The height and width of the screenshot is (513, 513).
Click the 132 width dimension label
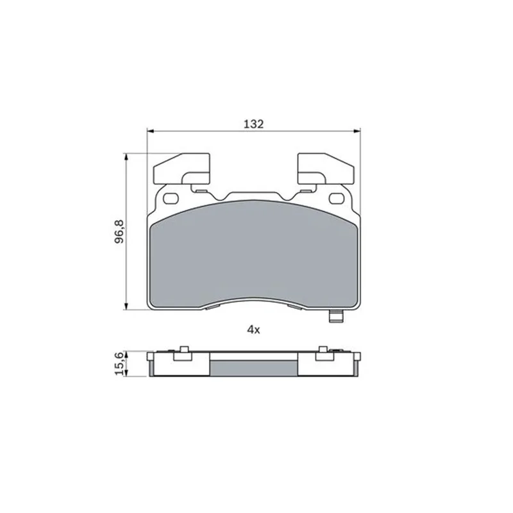pos(253,124)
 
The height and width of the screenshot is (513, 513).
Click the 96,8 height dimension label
pos(119,231)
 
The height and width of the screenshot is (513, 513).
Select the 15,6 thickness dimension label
pos(119,364)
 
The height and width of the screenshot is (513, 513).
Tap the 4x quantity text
pos(253,330)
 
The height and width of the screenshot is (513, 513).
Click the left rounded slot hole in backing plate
pos(170,198)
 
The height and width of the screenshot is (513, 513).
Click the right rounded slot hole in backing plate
pos(337,198)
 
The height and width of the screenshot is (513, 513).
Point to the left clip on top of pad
pos(181,169)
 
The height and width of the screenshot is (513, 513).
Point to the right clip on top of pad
pos(326,169)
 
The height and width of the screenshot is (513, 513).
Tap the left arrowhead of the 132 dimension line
pos(151,131)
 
